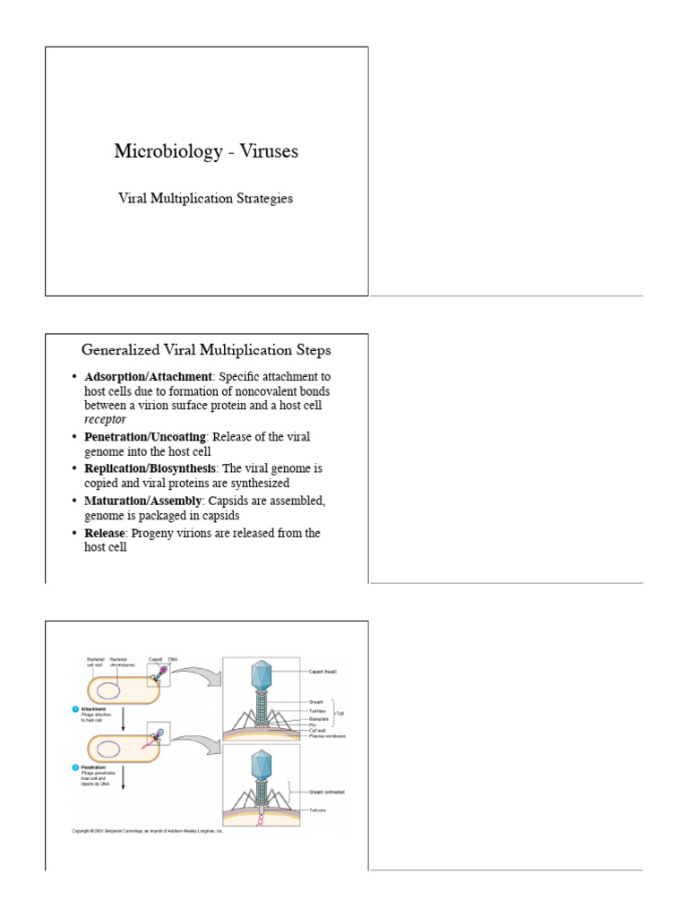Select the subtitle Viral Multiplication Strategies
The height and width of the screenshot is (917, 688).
[206, 199]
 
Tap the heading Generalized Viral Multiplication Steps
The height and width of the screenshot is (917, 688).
[206, 349]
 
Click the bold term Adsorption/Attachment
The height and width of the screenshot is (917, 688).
[148, 377]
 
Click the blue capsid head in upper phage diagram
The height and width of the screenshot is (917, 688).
[261, 674]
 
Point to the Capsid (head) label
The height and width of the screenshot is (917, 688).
[328, 670]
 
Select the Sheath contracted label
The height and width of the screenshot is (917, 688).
[327, 792]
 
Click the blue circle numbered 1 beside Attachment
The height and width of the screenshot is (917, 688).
[75, 708]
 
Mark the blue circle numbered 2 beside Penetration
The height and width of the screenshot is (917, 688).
[75, 767]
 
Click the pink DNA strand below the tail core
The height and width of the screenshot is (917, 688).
[261, 820]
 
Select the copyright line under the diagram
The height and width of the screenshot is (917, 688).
[147, 831]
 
